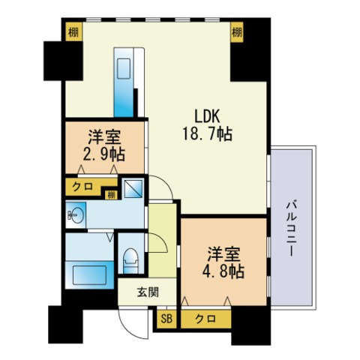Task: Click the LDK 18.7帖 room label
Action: pyautogui.click(x=207, y=125)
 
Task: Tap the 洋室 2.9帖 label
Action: pyautogui.click(x=104, y=145)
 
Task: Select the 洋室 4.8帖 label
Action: pyautogui.click(x=223, y=262)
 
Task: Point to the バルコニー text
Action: pyautogui.click(x=292, y=229)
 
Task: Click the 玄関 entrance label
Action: pyautogui.click(x=148, y=292)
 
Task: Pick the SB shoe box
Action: pyautogui.click(x=166, y=319)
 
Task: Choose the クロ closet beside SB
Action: pyautogui.click(x=205, y=319)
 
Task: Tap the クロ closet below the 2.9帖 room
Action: pyautogui.click(x=82, y=187)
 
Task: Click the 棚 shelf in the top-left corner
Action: pyautogui.click(x=73, y=32)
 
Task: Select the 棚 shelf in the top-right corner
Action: pyautogui.click(x=237, y=32)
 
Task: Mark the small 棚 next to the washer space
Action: pyautogui.click(x=111, y=195)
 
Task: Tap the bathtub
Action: pyautogui.click(x=89, y=274)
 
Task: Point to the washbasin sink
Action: pyautogui.click(x=76, y=214)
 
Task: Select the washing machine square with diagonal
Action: pyautogui.click(x=133, y=189)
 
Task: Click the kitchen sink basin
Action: pyautogui.click(x=124, y=69)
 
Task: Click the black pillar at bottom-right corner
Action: pyautogui.click(x=250, y=325)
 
